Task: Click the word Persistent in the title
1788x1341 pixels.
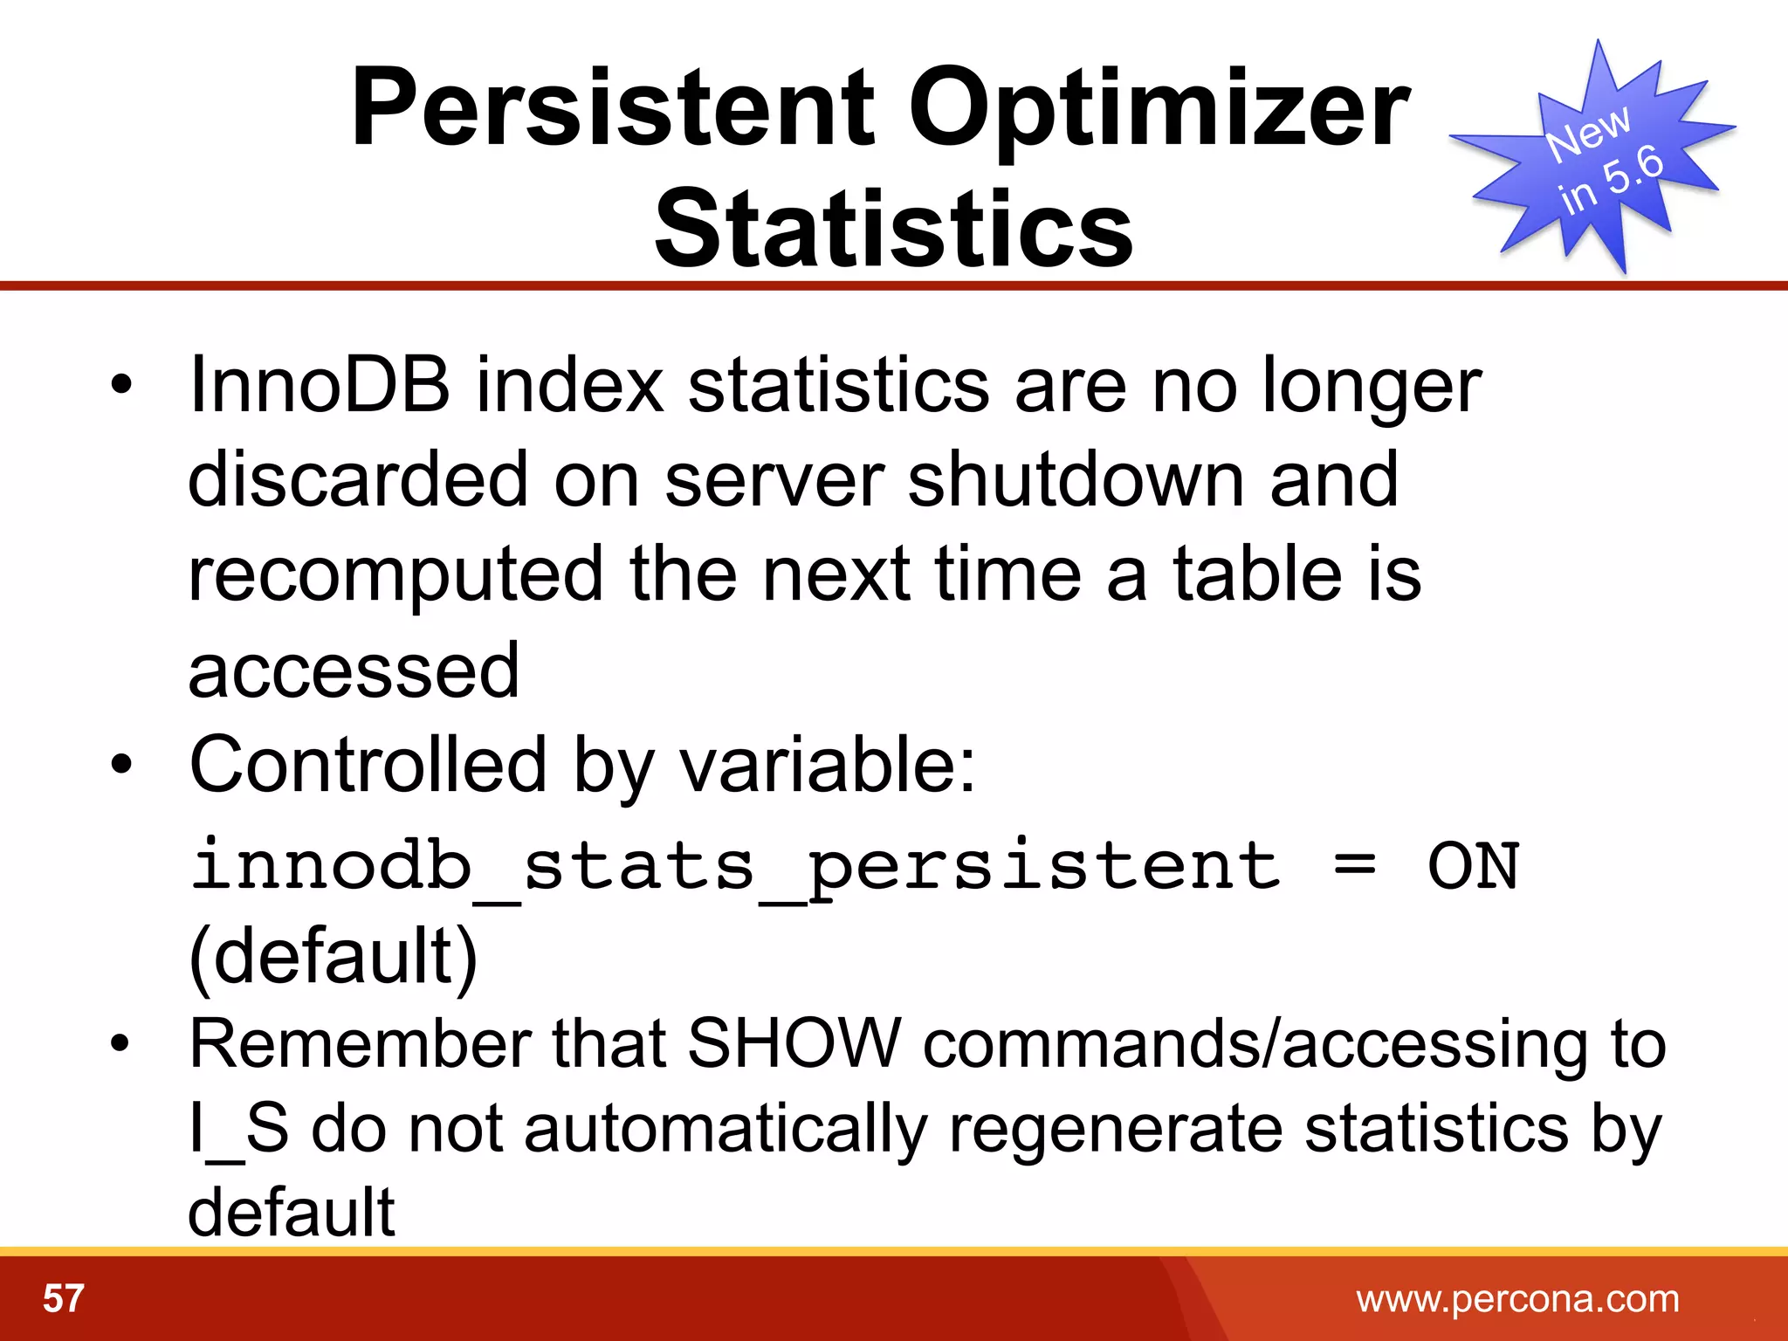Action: coord(611,109)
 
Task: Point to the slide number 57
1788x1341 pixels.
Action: coord(63,1299)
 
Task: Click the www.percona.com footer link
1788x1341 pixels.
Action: coord(1517,1299)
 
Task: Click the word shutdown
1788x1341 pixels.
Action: coord(1076,479)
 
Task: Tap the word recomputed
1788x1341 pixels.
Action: coord(395,574)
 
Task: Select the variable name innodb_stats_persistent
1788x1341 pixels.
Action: coord(735,866)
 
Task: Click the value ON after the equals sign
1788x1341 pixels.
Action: coord(1473,866)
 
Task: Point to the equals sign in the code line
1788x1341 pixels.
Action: coord(1354,866)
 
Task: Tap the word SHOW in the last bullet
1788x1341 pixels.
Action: coord(794,1043)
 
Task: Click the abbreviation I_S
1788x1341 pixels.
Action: coord(238,1128)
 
